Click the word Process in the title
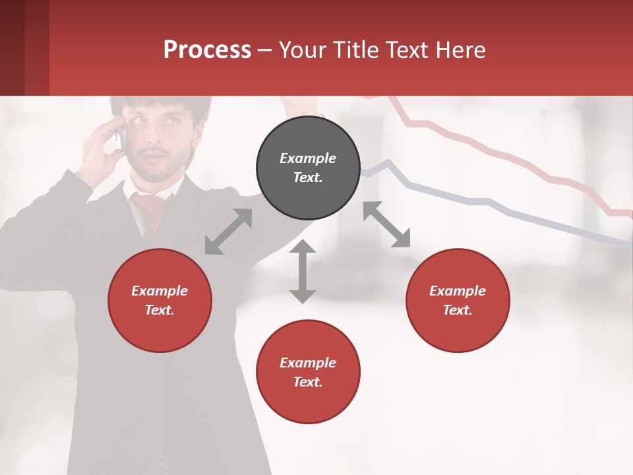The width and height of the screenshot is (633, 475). [x=207, y=49]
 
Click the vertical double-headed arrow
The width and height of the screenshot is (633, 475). [x=303, y=271]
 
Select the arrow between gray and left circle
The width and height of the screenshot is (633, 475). [x=228, y=232]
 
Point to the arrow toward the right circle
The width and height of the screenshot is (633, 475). [x=387, y=224]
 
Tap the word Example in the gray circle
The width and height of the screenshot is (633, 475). [x=308, y=158]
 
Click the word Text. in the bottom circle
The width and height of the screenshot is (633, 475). [x=308, y=382]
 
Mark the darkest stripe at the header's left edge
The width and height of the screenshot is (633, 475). [x=12, y=47]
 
